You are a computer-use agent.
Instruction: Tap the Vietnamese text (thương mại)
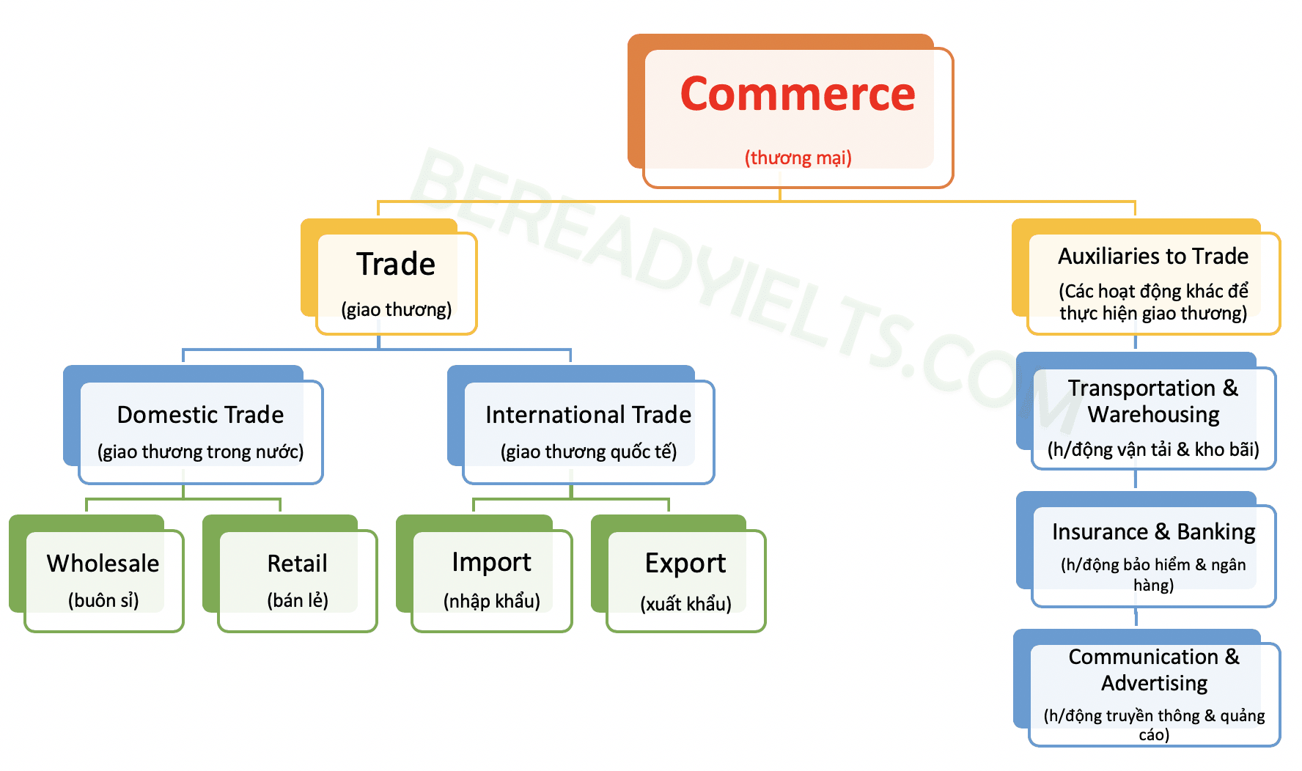[x=798, y=158]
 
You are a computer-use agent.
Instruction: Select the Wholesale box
[x=103, y=579]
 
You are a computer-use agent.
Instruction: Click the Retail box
[x=297, y=579]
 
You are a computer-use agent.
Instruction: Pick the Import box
[x=491, y=579]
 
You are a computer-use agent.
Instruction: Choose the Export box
[x=685, y=579]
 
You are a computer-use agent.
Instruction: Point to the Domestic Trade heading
[x=200, y=415]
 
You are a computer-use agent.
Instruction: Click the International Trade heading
[x=588, y=415]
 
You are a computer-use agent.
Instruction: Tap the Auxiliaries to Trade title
[x=1152, y=256]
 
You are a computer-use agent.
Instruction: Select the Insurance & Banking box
[x=1153, y=554]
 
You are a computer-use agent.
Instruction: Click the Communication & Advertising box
[x=1153, y=693]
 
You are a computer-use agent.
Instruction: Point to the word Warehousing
[x=1153, y=415]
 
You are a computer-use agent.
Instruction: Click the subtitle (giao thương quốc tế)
[x=588, y=451]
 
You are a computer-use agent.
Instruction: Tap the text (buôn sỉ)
[x=103, y=600]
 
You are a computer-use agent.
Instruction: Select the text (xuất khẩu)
[x=685, y=604]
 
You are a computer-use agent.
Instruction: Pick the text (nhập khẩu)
[x=491, y=601]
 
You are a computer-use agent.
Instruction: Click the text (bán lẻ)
[x=297, y=600]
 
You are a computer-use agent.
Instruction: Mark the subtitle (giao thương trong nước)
[x=200, y=451]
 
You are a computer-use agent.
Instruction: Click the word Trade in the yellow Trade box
[x=396, y=264]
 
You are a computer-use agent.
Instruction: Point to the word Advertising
[x=1154, y=683]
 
